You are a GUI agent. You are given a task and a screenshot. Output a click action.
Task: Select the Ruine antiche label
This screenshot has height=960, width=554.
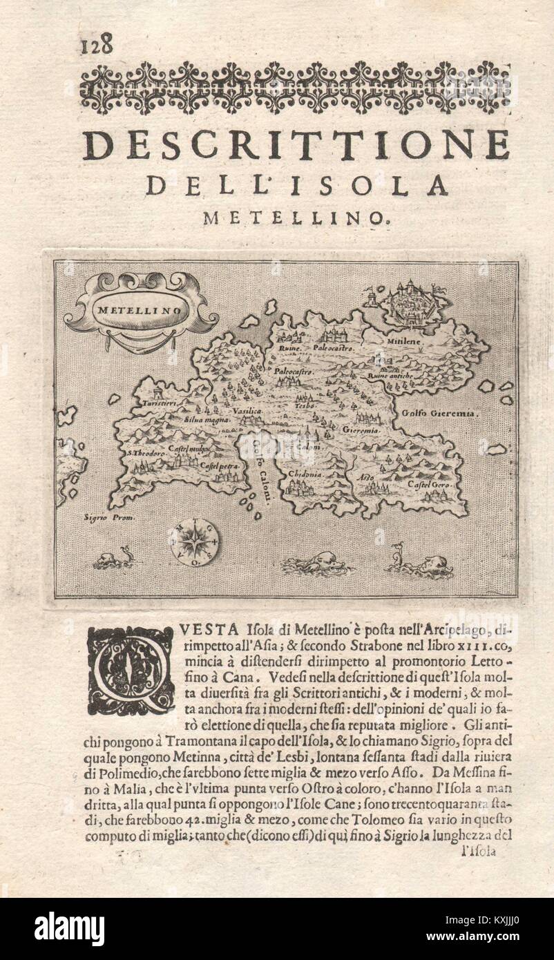[391, 375]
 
